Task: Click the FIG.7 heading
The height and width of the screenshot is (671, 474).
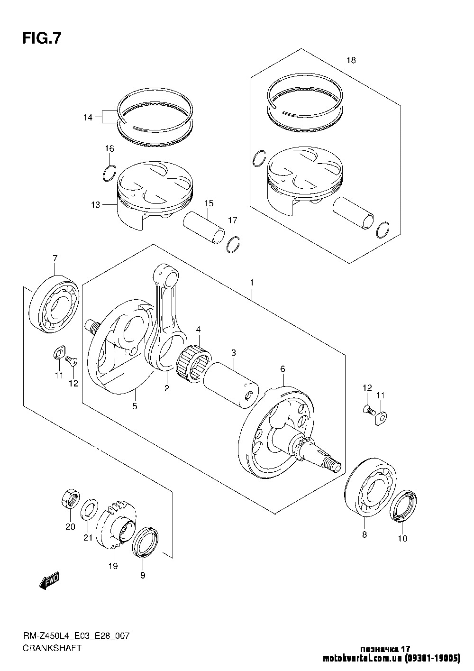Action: pos(42,38)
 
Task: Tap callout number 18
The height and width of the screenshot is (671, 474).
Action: pos(351,61)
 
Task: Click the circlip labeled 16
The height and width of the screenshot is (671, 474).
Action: pos(109,172)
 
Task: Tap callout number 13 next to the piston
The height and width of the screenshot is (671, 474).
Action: pos(96,205)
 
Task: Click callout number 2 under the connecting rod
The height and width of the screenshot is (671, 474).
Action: pos(167,388)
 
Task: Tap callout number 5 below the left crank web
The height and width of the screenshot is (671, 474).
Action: pos(135,406)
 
